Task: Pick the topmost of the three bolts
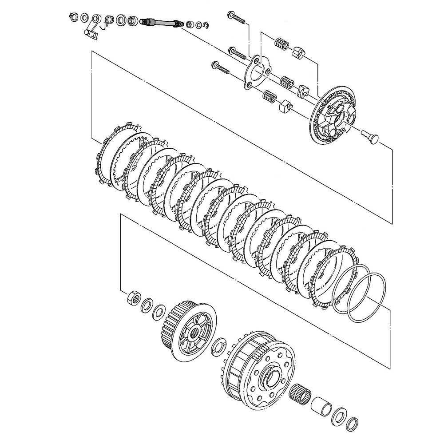point(236,17)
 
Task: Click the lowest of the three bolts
point(220,68)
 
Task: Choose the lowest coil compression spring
point(269,95)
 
